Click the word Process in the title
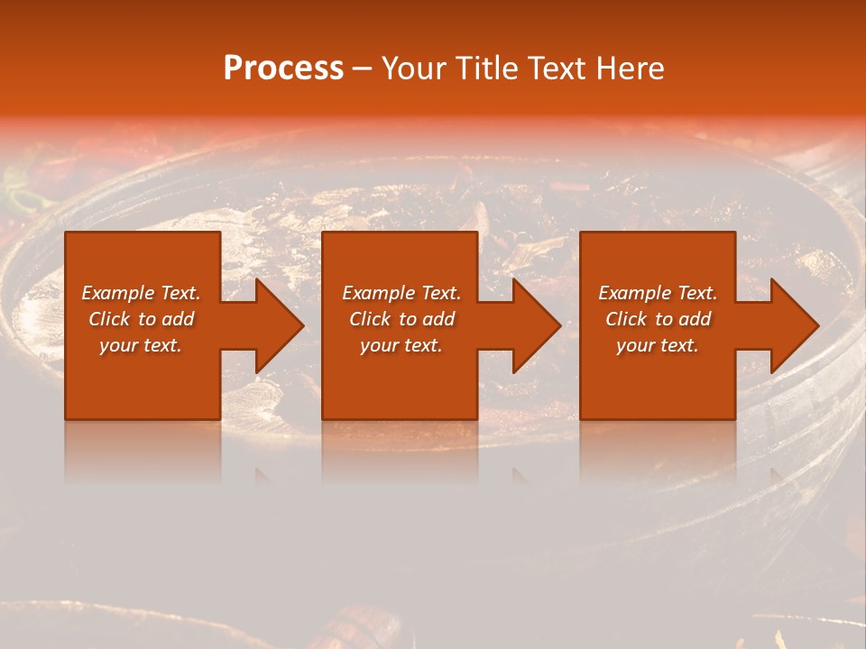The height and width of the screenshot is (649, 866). click(283, 69)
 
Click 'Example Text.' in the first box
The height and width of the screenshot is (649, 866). click(141, 293)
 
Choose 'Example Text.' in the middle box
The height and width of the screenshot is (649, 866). click(401, 293)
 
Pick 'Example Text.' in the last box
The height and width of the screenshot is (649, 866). click(658, 293)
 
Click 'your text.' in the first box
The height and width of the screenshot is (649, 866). click(141, 345)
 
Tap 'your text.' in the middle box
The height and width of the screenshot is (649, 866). click(401, 345)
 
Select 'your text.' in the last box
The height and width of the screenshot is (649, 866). click(658, 345)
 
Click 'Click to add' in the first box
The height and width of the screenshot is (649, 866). click(141, 319)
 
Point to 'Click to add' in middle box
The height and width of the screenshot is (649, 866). click(401, 319)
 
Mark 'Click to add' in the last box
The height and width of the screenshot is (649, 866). click(658, 319)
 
